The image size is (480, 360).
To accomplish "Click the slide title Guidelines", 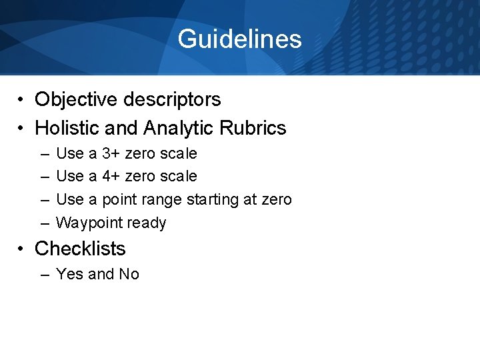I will pos(239,39).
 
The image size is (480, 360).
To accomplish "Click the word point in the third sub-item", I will pos(121,199).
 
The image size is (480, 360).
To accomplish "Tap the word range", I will pos(164,199).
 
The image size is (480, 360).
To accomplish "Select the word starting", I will pos(215,199).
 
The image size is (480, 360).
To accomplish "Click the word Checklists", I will pos(80,249).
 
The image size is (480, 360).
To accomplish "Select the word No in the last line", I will pos(129,274).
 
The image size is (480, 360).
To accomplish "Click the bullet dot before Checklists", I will pos(22,249).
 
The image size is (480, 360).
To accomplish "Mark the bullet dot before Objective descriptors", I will pos(22,100).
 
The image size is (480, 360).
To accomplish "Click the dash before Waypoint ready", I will pos(43,223).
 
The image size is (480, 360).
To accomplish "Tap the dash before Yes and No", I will pos(43,274).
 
